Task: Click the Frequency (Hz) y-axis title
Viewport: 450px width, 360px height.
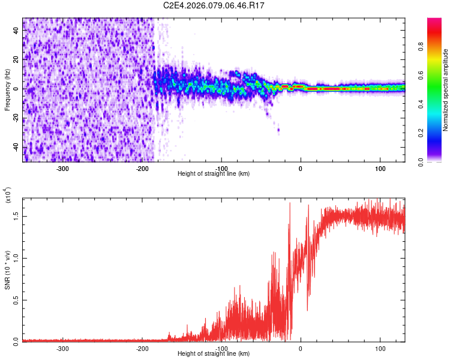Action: click(x=7, y=90)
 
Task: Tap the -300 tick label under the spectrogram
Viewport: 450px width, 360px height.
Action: click(x=63, y=167)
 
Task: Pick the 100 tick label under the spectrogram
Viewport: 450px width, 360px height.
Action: click(x=380, y=167)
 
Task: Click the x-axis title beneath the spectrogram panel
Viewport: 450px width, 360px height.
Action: click(x=214, y=173)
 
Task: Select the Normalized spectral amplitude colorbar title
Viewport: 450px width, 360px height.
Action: click(x=446, y=90)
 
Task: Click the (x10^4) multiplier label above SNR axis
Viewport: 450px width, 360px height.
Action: click(x=8, y=195)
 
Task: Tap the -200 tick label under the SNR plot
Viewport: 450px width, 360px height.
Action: click(x=142, y=348)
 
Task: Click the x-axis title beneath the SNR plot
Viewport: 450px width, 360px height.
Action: click(x=214, y=354)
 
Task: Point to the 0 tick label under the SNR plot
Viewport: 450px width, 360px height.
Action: click(x=301, y=348)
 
